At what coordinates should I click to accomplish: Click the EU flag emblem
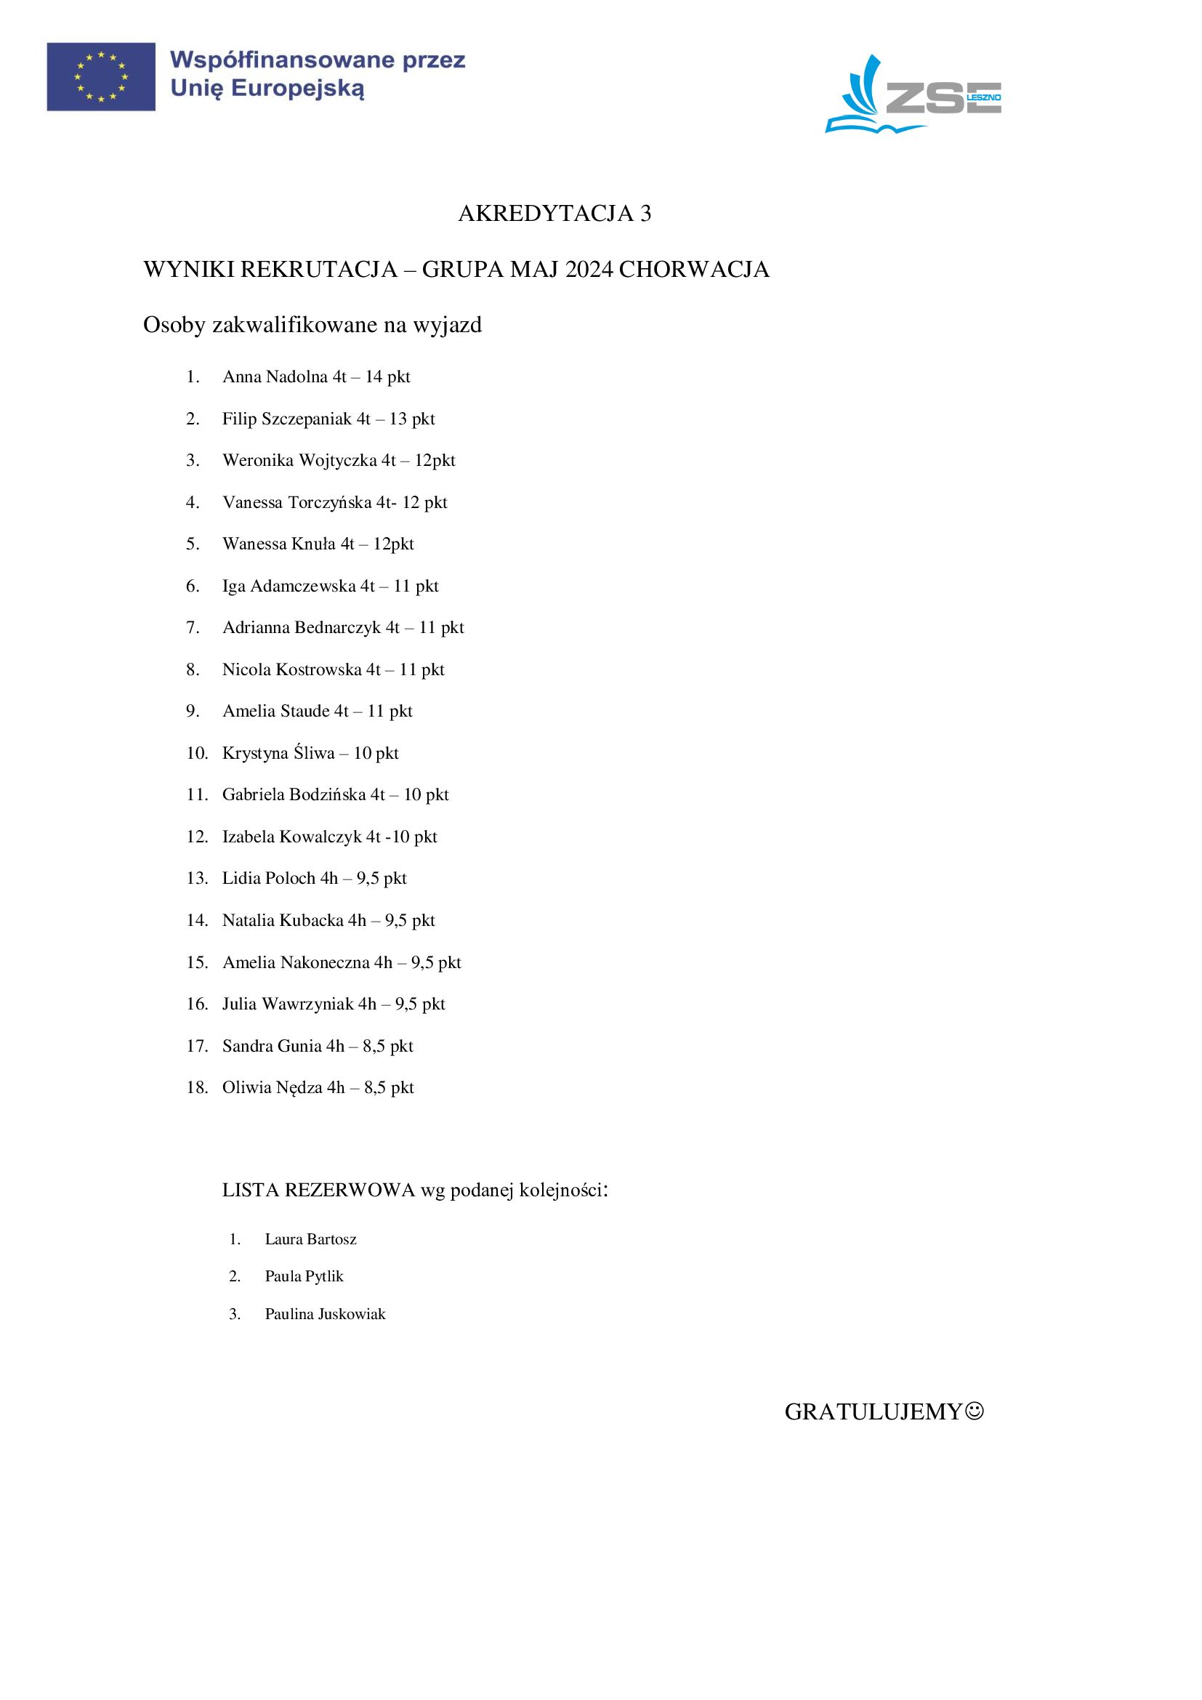101,76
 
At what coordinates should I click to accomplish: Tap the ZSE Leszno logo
913,94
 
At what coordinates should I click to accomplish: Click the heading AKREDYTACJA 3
554,213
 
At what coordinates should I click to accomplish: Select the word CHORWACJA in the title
693,269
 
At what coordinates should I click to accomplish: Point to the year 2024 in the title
589,269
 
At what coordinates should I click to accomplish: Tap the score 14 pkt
387,377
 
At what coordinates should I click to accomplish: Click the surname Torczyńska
329,503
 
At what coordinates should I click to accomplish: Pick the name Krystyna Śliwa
278,753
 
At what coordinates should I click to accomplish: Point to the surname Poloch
291,878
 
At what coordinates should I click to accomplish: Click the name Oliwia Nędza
273,1088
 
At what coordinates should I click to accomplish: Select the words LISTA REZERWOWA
318,1191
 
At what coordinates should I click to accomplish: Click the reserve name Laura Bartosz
310,1239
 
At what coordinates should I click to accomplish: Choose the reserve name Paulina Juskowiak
325,1314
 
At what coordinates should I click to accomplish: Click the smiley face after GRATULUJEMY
975,1411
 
